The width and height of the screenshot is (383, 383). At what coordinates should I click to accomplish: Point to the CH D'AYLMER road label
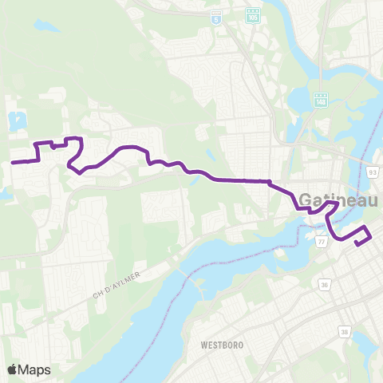click(x=116, y=286)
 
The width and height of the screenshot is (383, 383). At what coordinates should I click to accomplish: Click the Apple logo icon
click(x=13, y=369)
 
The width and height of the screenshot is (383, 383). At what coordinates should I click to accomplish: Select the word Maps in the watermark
click(x=36, y=369)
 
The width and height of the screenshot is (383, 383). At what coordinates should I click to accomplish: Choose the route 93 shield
click(x=372, y=170)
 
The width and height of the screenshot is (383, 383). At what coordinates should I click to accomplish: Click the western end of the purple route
click(x=12, y=162)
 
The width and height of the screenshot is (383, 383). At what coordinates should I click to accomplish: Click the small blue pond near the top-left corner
click(x=46, y=27)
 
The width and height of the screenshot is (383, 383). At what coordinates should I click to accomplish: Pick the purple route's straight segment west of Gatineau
click(x=239, y=181)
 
